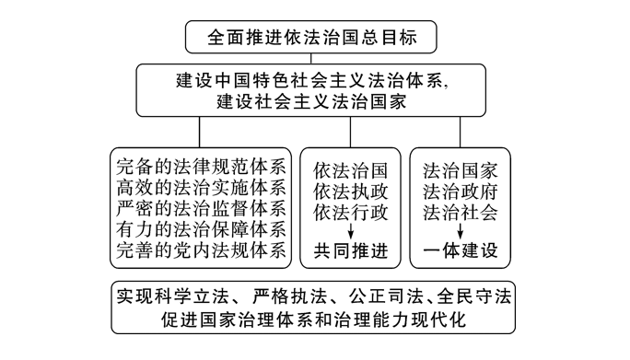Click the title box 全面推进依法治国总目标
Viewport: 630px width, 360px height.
314,40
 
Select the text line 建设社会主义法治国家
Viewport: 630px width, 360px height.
314,101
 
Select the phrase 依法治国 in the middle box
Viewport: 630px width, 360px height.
351,171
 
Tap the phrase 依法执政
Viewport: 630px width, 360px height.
351,192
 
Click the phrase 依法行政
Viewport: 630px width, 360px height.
351,212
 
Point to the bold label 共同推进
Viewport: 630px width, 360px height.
351,251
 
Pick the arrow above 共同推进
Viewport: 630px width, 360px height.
351,231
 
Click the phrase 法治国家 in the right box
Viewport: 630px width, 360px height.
461,171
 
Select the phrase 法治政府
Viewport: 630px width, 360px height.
461,192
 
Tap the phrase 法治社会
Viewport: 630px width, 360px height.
461,212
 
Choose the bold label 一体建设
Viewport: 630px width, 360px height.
461,251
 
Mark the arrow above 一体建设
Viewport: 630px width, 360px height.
461,231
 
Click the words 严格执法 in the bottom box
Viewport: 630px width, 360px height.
287,297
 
